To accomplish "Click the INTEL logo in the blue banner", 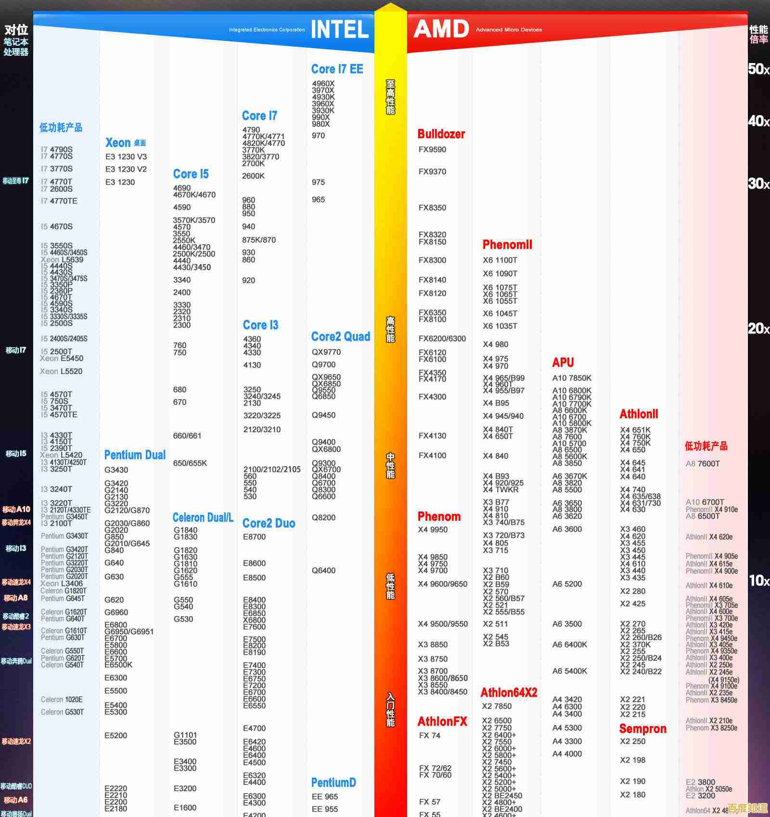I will click(x=340, y=30).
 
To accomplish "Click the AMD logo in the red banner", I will click(x=441, y=29).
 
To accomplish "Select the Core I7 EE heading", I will click(x=337, y=69).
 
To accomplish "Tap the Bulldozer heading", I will click(x=441, y=134).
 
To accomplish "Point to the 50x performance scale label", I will click(x=758, y=69).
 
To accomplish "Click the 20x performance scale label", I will click(x=758, y=329).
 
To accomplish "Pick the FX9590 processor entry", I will click(x=432, y=150).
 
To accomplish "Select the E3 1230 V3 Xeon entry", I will click(x=126, y=157).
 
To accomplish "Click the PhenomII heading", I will click(x=507, y=245).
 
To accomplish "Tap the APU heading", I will click(x=563, y=362).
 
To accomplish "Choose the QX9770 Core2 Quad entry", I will click(x=326, y=352).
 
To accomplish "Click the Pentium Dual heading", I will click(x=135, y=455).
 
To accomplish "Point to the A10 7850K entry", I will click(x=572, y=378).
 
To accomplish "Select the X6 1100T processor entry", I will click(x=500, y=260).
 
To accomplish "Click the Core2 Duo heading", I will click(x=269, y=523).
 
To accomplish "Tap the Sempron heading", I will click(x=642, y=729).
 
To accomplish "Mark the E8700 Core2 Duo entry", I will click(x=254, y=537).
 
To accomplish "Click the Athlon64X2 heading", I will click(x=509, y=693).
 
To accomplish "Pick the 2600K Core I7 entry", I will click(x=253, y=176).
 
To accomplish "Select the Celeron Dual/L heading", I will click(x=203, y=518).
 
